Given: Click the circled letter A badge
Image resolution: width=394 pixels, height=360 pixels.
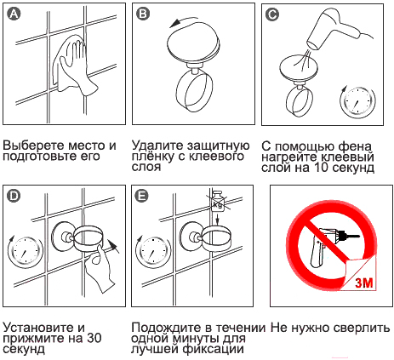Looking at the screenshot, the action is pyautogui.click(x=14, y=14).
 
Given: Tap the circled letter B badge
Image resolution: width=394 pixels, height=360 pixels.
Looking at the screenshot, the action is pyautogui.click(x=143, y=14).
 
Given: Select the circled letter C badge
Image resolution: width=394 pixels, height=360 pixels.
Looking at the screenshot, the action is pyautogui.click(x=272, y=14).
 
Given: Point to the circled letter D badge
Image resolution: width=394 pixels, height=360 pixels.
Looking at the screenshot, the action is pyautogui.click(x=14, y=196).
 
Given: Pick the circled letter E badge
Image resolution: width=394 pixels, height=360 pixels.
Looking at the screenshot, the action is pyautogui.click(x=142, y=196).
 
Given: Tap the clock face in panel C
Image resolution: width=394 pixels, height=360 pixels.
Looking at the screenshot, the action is pyautogui.click(x=357, y=101).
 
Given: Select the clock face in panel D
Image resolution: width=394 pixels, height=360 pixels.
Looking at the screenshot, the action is pyautogui.click(x=25, y=251).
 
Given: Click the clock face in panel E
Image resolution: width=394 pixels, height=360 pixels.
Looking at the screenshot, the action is pyautogui.click(x=153, y=251).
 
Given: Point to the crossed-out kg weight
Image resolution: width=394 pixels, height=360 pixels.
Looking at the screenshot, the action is pyautogui.click(x=218, y=201).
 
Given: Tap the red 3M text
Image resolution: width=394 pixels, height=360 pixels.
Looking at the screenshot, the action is pyautogui.click(x=363, y=282).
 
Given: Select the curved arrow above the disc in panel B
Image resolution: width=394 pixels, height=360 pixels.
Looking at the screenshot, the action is pyautogui.click(x=185, y=20).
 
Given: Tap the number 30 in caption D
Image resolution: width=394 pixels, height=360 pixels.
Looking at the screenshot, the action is pyautogui.click(x=94, y=338).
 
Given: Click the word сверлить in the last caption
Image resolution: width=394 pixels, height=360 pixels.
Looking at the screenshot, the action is pyautogui.click(x=362, y=328).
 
